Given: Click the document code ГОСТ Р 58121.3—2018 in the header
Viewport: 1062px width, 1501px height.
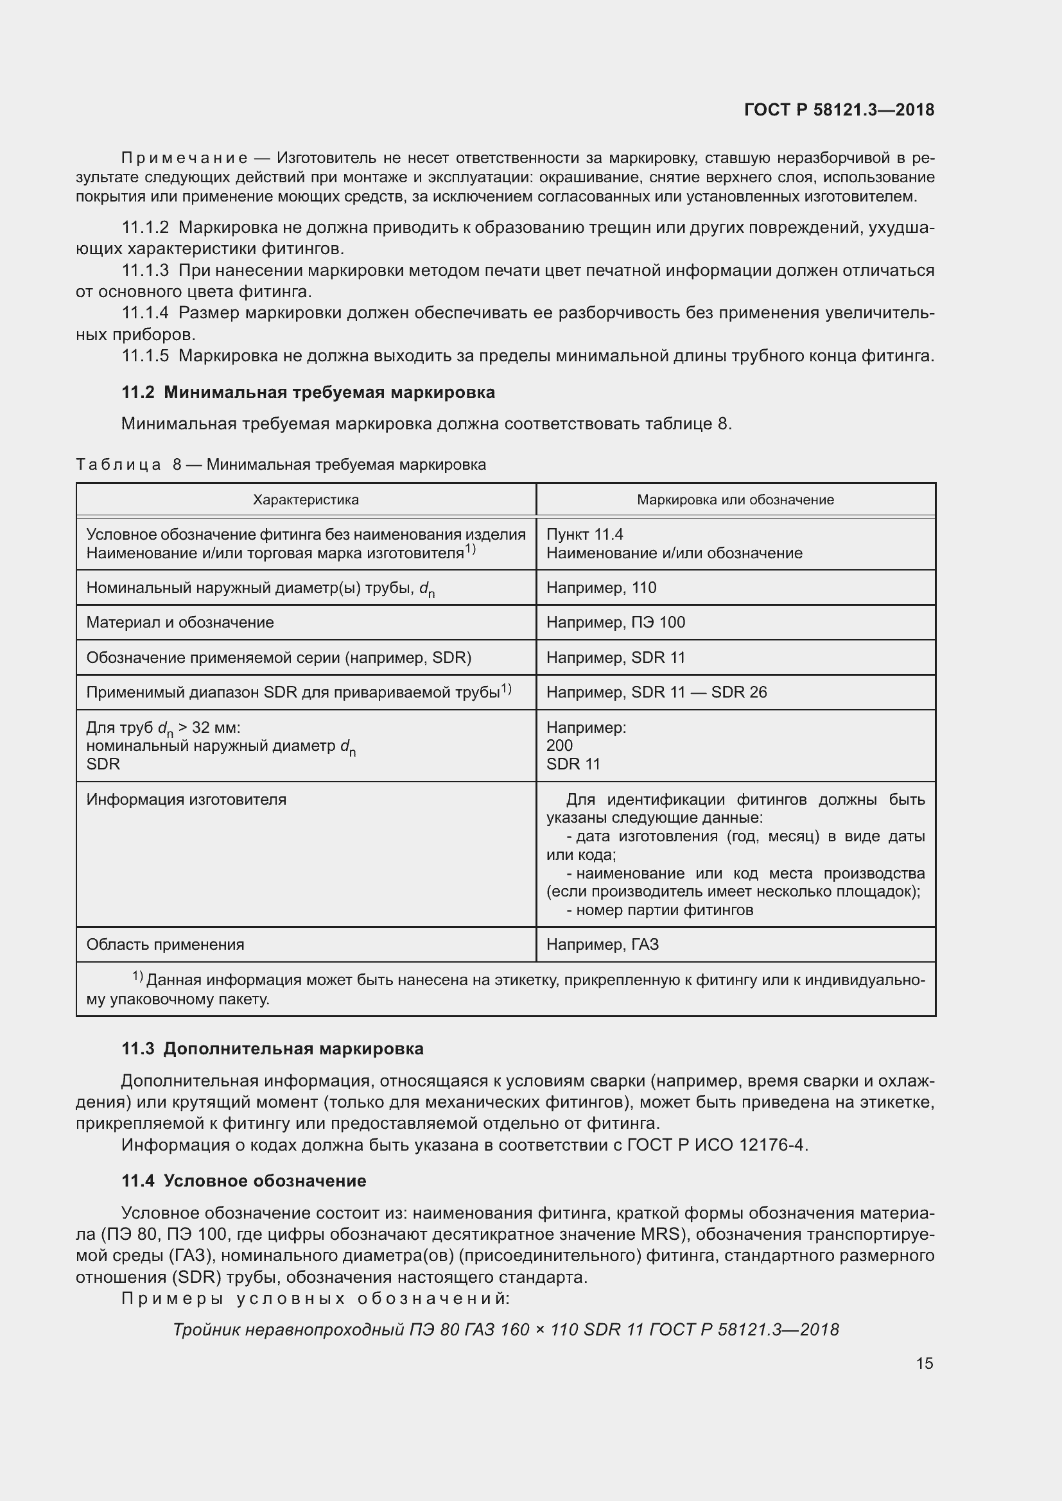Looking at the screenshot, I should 839,110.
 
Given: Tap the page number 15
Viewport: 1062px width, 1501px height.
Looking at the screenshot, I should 924,1363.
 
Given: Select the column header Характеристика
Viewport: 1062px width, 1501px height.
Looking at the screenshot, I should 306,500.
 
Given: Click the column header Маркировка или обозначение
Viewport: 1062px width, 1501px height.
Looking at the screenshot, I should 735,500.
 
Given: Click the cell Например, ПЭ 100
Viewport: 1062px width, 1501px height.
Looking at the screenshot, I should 615,622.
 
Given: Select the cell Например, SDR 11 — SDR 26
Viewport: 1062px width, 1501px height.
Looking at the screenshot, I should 656,692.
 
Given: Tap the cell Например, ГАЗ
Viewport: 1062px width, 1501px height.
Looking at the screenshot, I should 602,945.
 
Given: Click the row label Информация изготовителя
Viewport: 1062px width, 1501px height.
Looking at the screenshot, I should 186,800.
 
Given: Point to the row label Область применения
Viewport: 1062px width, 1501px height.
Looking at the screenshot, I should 166,945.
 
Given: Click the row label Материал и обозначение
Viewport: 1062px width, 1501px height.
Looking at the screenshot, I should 180,622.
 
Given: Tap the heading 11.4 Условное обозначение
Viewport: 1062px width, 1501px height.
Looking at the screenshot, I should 244,1181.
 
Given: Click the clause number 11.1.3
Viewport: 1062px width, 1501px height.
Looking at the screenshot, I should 145,271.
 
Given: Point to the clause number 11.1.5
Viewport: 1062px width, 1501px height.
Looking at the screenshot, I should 145,356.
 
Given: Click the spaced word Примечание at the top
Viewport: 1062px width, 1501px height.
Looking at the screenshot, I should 184,159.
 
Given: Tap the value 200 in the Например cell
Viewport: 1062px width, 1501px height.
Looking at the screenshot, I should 559,746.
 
